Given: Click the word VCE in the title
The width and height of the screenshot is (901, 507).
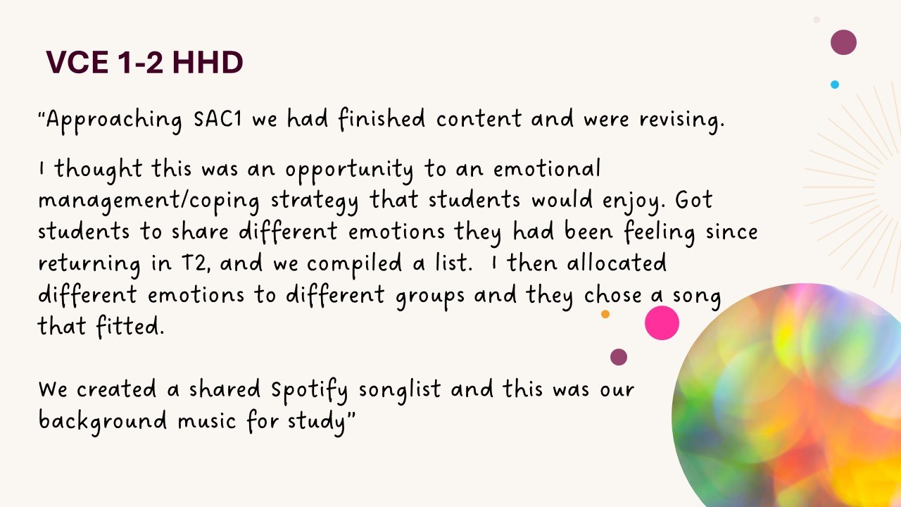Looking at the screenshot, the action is (x=77, y=63).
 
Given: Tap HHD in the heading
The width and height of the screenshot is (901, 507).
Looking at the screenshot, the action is (x=208, y=63).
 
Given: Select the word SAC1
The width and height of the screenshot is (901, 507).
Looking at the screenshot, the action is (x=218, y=119).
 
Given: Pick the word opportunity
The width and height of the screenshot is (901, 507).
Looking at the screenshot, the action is (x=349, y=170).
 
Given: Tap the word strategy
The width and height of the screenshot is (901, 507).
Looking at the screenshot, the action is (x=315, y=201).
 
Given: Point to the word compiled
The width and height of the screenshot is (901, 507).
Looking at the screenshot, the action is (x=354, y=264).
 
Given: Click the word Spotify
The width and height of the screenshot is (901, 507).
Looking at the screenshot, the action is (x=309, y=391).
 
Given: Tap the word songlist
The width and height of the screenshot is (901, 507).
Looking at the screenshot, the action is (x=400, y=391).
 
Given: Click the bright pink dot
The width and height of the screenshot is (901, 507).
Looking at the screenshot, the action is (x=662, y=323).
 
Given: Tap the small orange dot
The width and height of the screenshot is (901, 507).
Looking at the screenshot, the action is (x=605, y=314).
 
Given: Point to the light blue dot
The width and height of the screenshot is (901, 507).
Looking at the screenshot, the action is (x=835, y=84).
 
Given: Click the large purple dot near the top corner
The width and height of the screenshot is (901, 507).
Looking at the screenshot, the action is (x=843, y=42).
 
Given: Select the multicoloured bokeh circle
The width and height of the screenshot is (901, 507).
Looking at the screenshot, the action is (x=788, y=399).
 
